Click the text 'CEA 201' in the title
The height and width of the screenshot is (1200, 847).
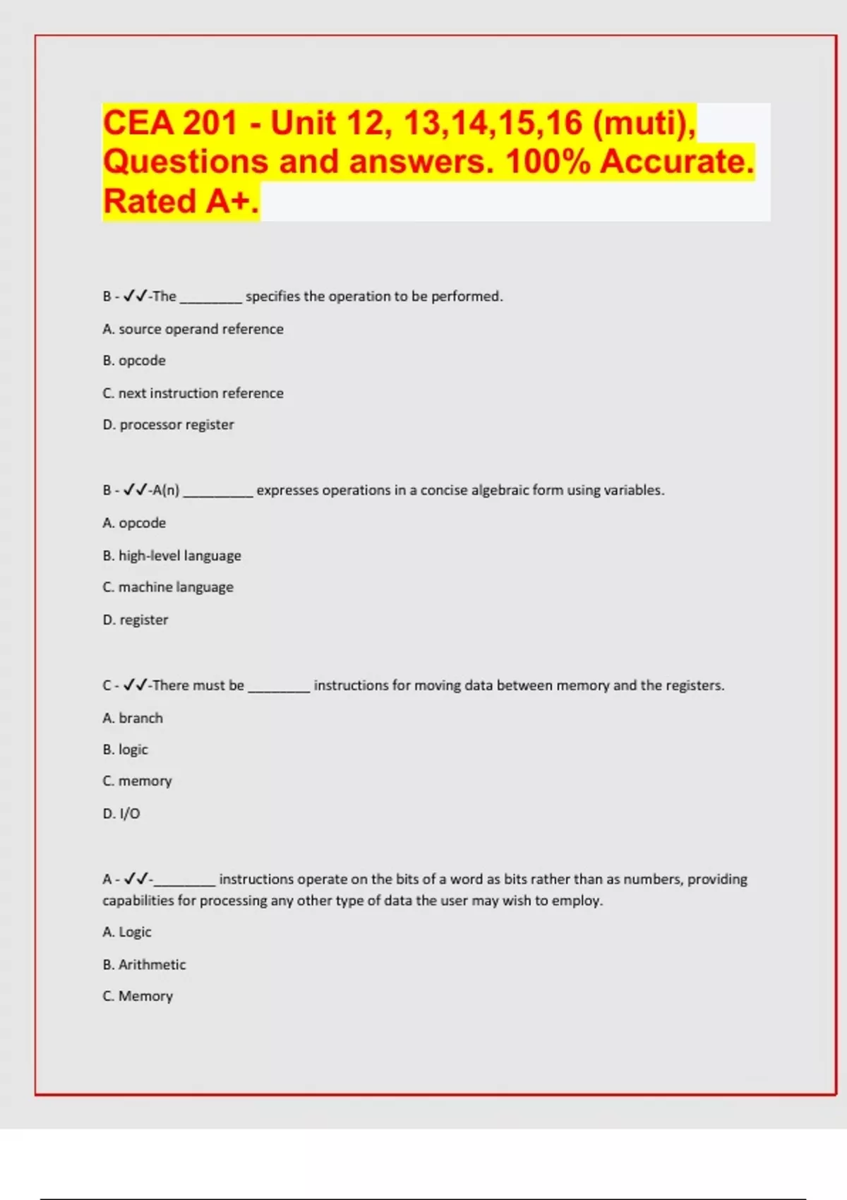169,123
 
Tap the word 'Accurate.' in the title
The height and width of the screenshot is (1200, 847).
677,162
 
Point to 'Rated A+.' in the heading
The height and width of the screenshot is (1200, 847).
181,201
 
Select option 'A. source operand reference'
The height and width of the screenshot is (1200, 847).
193,329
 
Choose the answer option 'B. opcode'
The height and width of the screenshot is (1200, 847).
134,361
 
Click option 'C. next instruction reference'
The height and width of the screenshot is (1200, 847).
193,393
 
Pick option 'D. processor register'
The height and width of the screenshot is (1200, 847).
168,425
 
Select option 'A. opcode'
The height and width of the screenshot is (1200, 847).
134,523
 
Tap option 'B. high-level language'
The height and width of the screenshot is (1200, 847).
172,556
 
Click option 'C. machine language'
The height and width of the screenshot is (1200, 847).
168,587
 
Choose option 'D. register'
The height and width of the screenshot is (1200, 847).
136,620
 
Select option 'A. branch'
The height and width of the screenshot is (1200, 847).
133,718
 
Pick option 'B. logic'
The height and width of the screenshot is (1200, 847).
125,750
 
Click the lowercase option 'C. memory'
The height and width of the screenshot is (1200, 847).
137,781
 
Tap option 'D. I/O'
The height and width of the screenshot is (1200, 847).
121,814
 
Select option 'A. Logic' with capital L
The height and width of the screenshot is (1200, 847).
127,932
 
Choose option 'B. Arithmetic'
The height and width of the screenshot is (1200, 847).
144,964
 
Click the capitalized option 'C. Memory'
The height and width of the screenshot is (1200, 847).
138,996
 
